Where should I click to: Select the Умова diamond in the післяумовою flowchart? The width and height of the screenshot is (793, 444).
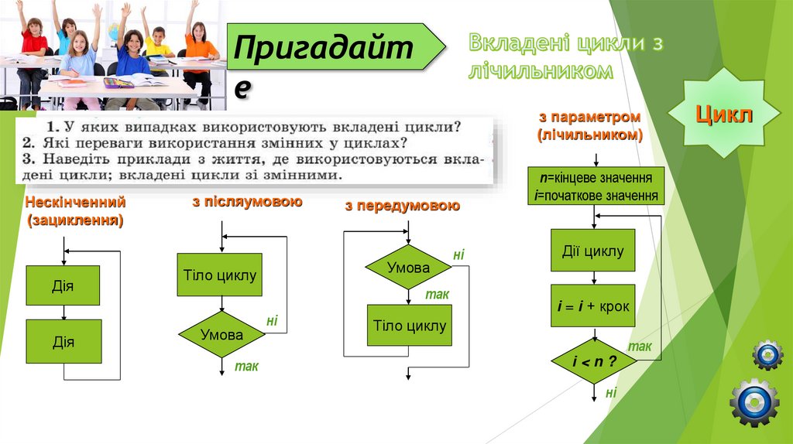(x=221, y=334)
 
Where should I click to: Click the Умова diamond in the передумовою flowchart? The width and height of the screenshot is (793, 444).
(x=408, y=268)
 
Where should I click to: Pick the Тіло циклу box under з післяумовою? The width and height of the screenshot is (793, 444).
(x=220, y=275)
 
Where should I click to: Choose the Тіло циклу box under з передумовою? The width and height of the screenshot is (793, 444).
(x=409, y=325)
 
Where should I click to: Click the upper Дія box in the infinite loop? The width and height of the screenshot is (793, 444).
(x=63, y=285)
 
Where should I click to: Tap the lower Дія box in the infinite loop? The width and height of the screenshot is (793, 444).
(x=63, y=341)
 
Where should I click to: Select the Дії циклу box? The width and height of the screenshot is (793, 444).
(x=592, y=251)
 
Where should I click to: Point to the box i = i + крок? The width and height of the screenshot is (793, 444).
(x=593, y=306)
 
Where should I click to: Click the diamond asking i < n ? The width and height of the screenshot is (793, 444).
(x=593, y=360)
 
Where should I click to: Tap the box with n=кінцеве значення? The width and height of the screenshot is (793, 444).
(x=596, y=186)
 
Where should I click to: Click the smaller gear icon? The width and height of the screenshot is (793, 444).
(x=767, y=354)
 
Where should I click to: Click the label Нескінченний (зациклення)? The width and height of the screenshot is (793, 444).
(x=75, y=211)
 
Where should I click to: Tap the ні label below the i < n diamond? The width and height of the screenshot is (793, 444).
(x=611, y=393)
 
